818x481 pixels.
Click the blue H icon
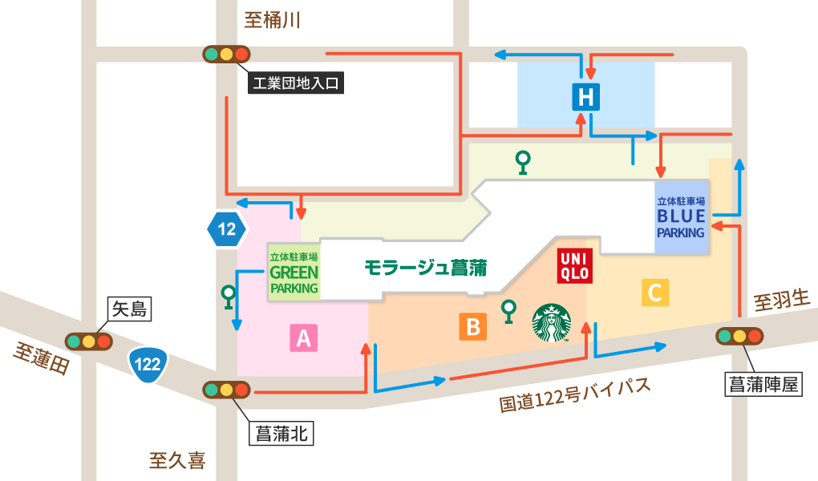tap(586, 97)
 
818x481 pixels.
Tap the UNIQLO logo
tap(574, 265)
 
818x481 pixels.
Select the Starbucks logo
tap(552, 322)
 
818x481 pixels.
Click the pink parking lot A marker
tap(303, 338)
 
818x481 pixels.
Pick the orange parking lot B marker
tap(472, 326)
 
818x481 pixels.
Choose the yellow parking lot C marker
tap(654, 293)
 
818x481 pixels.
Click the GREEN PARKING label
tap(294, 273)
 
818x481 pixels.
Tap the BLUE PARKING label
tap(681, 217)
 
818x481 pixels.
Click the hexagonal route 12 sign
tap(227, 230)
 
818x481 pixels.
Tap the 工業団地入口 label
tap(296, 83)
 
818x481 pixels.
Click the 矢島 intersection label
tap(128, 309)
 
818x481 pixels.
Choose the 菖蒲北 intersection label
tap(280, 434)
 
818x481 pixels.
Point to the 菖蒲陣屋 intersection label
tap(763, 384)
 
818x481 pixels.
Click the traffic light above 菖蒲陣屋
tap(739, 336)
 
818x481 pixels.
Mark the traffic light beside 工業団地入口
tap(226, 55)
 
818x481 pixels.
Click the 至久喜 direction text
tap(177, 460)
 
